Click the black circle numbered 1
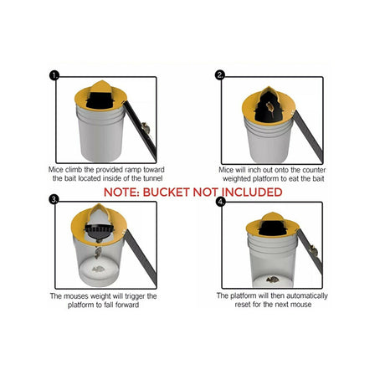(x=54, y=75)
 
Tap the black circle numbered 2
(x=220, y=74)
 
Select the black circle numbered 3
(x=54, y=199)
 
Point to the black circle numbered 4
(x=221, y=202)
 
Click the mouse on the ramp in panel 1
(x=146, y=128)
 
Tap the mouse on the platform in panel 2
(x=269, y=108)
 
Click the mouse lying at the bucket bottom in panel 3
(x=99, y=269)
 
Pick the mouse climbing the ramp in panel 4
(x=314, y=251)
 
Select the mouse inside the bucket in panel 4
(x=273, y=279)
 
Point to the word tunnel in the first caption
(x=152, y=178)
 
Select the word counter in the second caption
(x=314, y=170)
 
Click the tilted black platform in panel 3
(x=100, y=231)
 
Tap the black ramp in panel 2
(x=308, y=136)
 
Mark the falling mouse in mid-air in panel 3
(x=97, y=253)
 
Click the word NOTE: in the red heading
(x=121, y=192)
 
